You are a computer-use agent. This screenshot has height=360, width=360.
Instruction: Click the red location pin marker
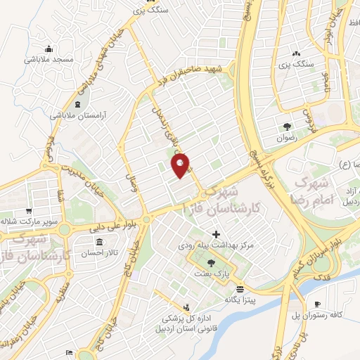tap(181, 165)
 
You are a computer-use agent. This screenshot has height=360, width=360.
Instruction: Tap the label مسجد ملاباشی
tap(49, 60)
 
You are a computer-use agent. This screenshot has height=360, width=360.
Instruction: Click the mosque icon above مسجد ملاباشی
tap(49, 49)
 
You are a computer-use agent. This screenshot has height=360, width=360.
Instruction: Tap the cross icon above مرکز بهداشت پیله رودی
tap(216, 234)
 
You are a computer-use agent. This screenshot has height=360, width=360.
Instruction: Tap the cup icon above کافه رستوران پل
tap(318, 304)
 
